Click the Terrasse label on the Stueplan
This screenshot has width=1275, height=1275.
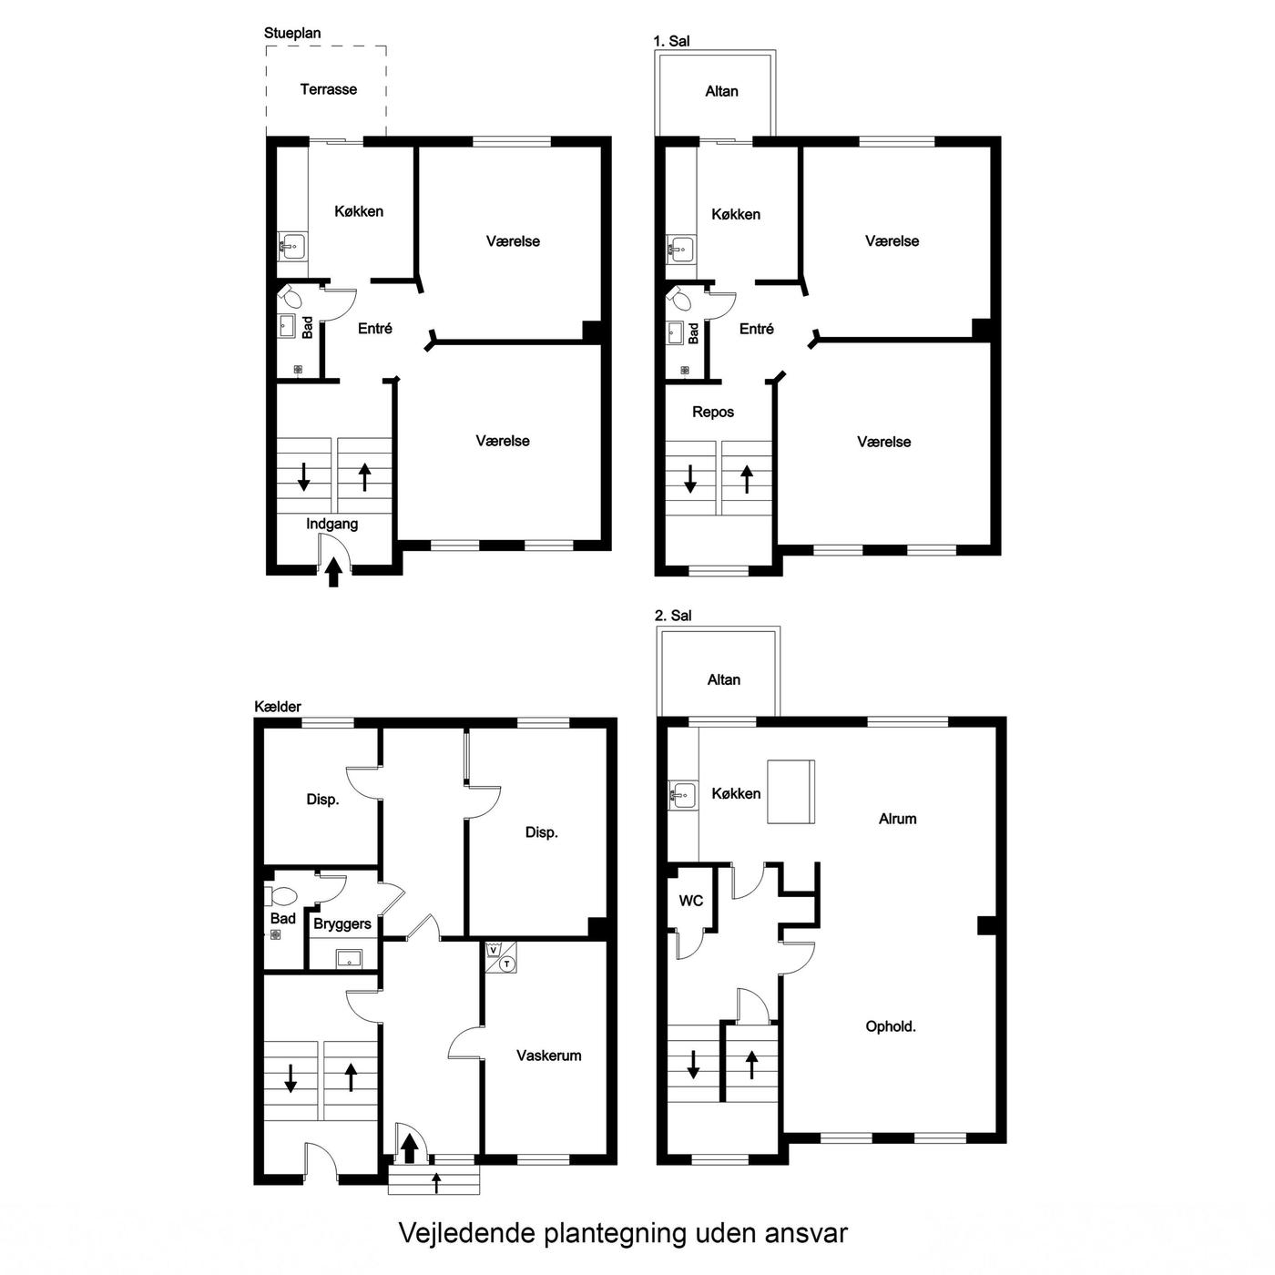pyautogui.click(x=328, y=89)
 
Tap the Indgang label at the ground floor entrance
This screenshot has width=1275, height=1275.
pyautogui.click(x=332, y=524)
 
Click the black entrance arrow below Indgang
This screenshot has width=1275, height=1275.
pyautogui.click(x=333, y=572)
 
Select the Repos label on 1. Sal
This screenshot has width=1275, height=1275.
pyautogui.click(x=712, y=413)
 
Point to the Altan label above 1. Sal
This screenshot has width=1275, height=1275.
pyautogui.click(x=721, y=91)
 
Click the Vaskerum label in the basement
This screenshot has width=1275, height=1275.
pyautogui.click(x=548, y=1056)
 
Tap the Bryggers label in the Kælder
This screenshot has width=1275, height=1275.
pyautogui.click(x=342, y=924)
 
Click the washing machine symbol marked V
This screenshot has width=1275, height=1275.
pyautogui.click(x=493, y=950)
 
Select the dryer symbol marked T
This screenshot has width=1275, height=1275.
pyautogui.click(x=507, y=964)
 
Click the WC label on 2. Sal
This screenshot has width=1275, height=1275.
pyautogui.click(x=690, y=901)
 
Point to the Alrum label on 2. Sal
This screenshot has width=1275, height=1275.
pyautogui.click(x=897, y=819)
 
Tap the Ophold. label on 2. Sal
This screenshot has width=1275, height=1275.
pyautogui.click(x=891, y=1027)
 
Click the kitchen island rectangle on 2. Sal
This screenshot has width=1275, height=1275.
pyautogui.click(x=790, y=791)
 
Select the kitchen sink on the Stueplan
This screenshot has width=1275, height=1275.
pyautogui.click(x=291, y=246)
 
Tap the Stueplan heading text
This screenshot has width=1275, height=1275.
pyautogui.click(x=292, y=33)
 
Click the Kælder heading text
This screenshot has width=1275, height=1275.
pyautogui.click(x=278, y=707)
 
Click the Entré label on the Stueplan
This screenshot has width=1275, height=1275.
pyautogui.click(x=374, y=328)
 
